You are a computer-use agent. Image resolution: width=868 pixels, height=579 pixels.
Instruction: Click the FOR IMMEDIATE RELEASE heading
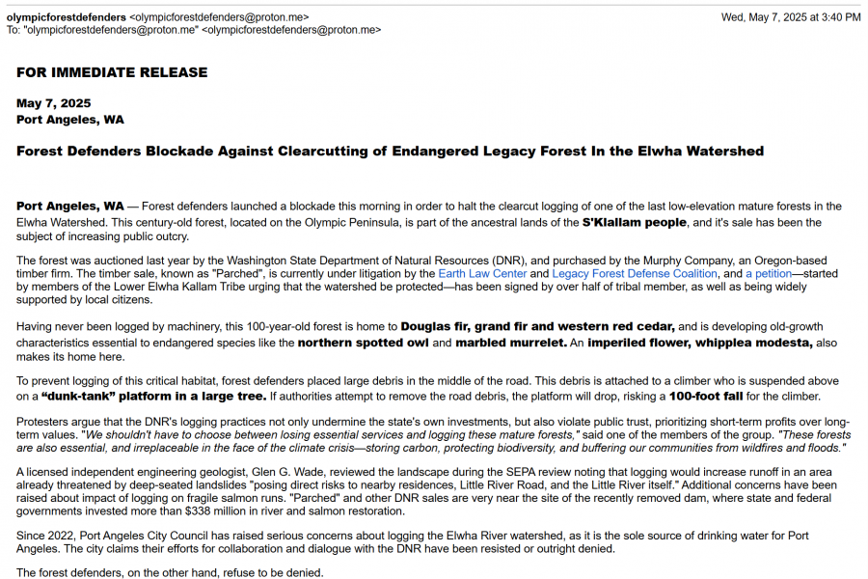pos(112,72)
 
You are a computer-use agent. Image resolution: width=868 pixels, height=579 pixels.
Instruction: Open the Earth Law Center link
pos(482,274)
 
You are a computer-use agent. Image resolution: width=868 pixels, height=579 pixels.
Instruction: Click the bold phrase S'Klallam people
pos(634,223)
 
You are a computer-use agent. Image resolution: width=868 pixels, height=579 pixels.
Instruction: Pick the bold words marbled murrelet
pos(510,343)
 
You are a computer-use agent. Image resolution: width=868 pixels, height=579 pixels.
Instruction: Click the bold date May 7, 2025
pos(54,103)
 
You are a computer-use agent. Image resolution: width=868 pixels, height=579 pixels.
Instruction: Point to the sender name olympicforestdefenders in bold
pos(67,17)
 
